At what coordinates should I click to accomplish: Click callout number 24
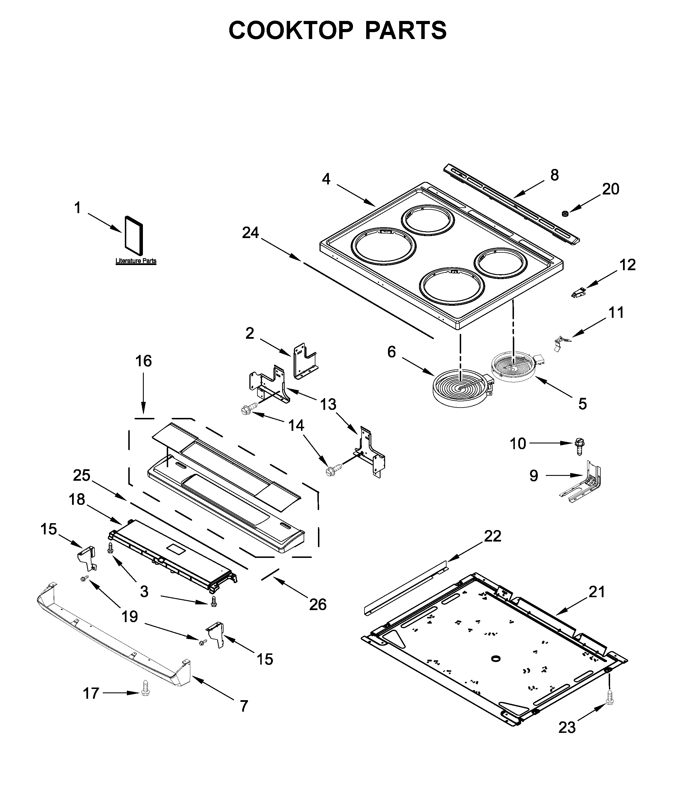coord(251,233)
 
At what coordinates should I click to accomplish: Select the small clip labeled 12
coord(579,293)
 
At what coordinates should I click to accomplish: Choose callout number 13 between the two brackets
coord(328,404)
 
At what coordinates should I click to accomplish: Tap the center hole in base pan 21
coord(496,659)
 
